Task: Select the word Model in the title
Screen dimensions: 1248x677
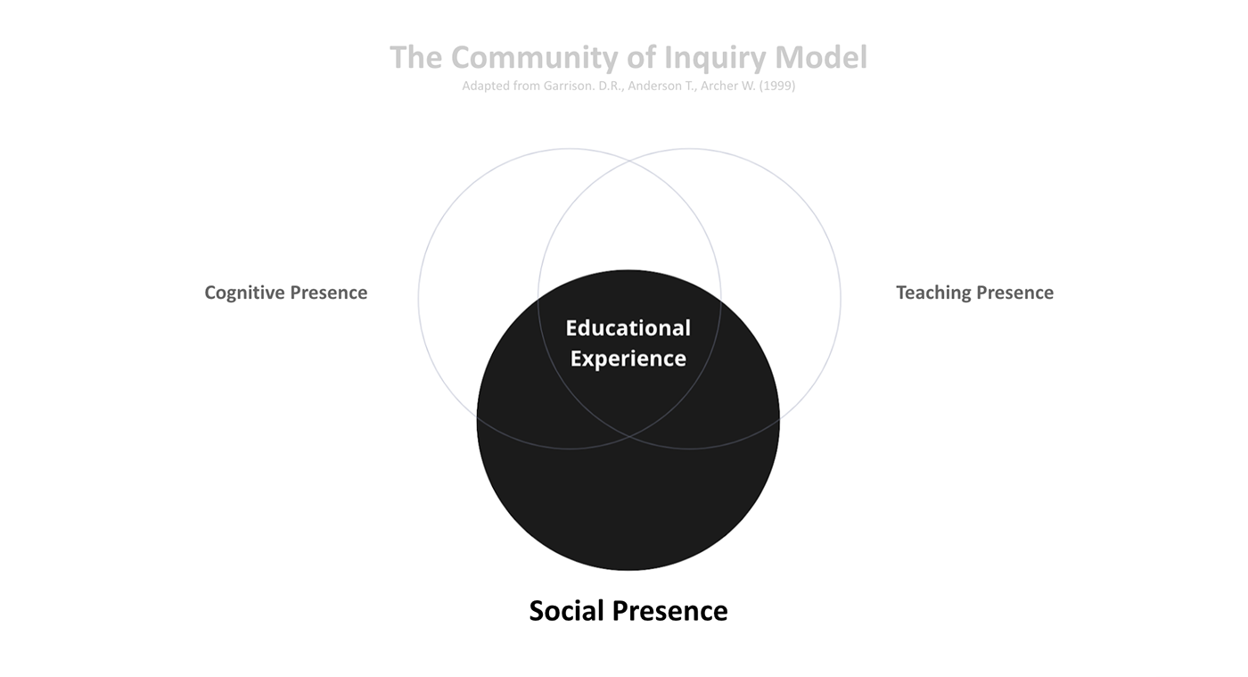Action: [x=820, y=58]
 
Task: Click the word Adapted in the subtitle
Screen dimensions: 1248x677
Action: [x=486, y=87]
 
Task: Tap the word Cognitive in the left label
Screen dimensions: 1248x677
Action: [x=242, y=293]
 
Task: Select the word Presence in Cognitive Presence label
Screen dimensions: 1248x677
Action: [x=327, y=293]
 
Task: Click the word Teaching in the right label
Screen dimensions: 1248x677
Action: [x=932, y=293]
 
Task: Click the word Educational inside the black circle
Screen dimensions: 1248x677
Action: [x=628, y=328]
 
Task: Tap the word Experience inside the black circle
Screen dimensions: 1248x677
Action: [x=628, y=359]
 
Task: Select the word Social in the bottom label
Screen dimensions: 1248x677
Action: [x=567, y=611]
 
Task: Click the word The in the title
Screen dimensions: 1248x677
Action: [x=416, y=58]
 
